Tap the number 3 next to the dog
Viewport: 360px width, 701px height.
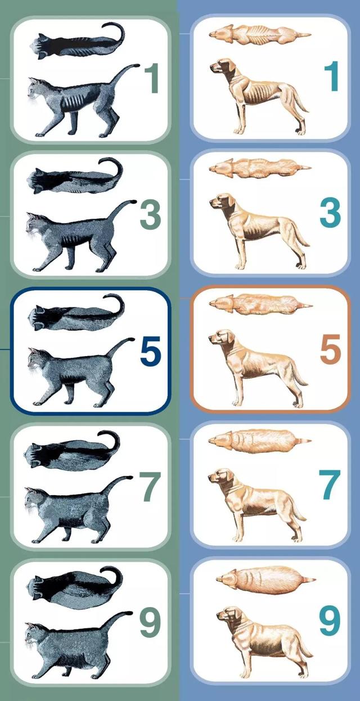330,212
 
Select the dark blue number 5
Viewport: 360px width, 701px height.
150,351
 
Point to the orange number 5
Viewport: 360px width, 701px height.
330,349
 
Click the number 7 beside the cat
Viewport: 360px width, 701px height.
150,487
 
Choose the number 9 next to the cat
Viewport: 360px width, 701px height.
150,624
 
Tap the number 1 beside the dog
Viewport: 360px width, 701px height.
331,76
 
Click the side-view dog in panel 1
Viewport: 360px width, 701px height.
259,96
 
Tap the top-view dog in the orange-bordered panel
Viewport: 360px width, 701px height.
260,304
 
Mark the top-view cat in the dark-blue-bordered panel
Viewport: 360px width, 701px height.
76,313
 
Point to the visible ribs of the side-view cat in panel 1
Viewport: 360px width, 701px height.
73,102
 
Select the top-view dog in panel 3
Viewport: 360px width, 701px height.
260,169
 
